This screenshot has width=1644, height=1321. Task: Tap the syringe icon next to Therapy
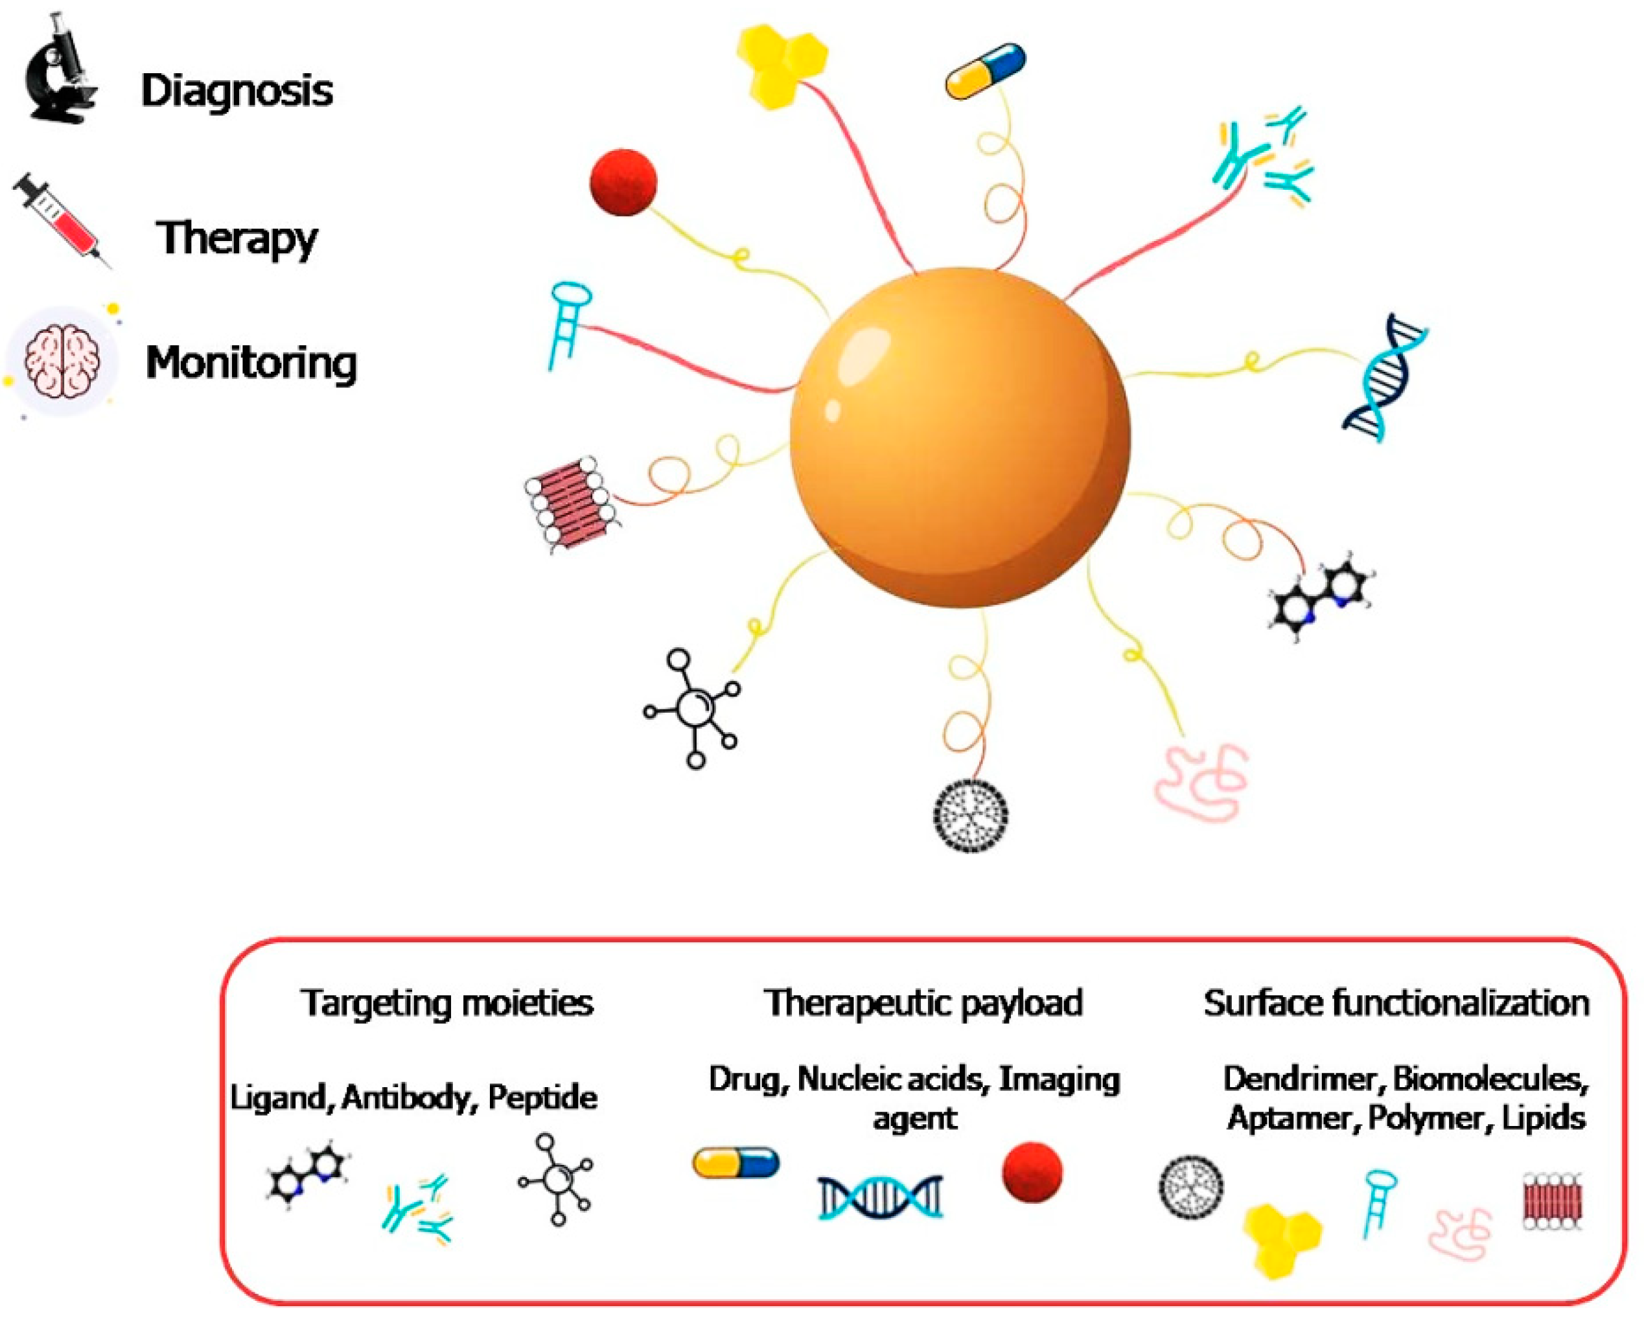point(61,219)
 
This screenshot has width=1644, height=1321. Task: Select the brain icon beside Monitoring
point(61,362)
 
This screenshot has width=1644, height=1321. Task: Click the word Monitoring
point(251,363)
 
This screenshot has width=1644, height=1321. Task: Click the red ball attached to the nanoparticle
point(623,182)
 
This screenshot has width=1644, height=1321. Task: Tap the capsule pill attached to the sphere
point(984,71)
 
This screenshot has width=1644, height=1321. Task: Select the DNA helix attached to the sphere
point(1384,377)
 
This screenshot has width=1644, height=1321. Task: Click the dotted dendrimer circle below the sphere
point(971,815)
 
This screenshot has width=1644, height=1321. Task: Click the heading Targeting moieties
point(447,1003)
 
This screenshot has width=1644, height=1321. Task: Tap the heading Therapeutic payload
point(923,1003)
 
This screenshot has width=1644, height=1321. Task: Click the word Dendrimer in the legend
point(1303,1079)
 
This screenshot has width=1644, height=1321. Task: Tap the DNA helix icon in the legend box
point(880,1197)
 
